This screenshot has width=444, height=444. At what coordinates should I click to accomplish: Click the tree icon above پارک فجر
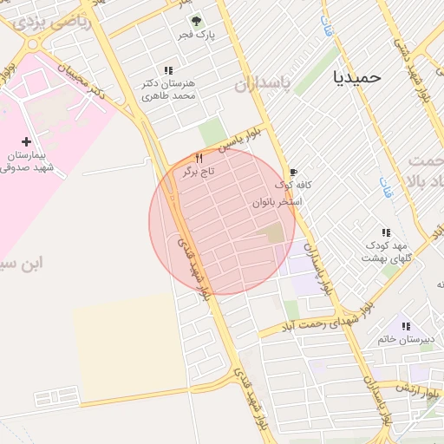[x=196, y=21]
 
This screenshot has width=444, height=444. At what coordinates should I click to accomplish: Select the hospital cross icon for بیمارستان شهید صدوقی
[x=26, y=140]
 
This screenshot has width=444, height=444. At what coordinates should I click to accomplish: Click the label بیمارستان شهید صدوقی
[x=28, y=160]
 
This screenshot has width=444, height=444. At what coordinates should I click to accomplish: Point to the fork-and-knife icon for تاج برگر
[x=199, y=158]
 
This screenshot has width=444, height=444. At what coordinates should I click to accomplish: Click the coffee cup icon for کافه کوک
[x=293, y=172]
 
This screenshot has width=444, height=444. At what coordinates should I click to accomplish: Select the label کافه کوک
[x=294, y=186]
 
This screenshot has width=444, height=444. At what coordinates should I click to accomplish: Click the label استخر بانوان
[x=277, y=202]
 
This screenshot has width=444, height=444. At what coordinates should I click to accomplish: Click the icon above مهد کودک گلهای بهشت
[x=386, y=232]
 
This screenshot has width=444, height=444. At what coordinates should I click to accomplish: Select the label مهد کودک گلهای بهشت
[x=385, y=251]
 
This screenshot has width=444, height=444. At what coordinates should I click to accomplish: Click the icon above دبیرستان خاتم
[x=406, y=326]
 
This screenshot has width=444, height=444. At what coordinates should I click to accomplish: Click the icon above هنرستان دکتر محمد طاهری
[x=167, y=70]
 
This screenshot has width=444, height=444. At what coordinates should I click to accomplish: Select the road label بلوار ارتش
[x=415, y=387]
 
